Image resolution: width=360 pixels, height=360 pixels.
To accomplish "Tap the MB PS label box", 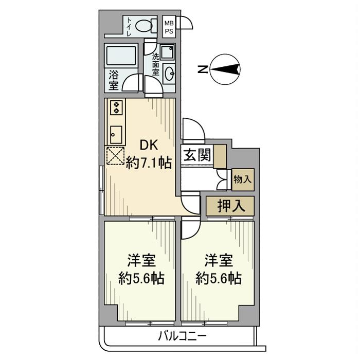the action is [x=169, y=27].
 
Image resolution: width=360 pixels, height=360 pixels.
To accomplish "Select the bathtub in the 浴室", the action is [x=121, y=56].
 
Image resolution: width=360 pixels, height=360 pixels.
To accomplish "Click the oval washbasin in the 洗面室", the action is [x=170, y=74].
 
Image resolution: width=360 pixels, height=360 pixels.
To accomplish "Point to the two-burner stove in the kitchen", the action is [x=116, y=107].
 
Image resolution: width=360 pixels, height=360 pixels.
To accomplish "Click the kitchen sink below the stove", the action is [x=116, y=135].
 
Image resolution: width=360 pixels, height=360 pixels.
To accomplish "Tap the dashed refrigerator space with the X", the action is [x=116, y=156].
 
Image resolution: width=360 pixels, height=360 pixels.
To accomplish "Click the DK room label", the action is [x=149, y=146].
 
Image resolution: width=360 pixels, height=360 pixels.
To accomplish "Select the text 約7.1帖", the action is [x=149, y=164].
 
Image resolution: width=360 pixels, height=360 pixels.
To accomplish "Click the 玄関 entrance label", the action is [x=197, y=155].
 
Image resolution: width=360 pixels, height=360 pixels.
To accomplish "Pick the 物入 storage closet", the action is [x=243, y=179].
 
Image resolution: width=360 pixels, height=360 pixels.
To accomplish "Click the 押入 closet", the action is [x=230, y=206].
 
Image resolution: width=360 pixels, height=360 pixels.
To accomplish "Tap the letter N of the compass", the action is [x=203, y=69].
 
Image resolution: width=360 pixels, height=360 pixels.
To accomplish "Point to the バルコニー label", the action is [x=183, y=336].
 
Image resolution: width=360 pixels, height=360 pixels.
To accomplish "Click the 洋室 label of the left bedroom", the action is [x=141, y=261].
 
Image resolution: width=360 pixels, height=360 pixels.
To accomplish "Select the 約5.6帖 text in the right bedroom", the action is [x=219, y=279].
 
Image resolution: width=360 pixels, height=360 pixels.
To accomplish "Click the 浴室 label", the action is [x=114, y=80].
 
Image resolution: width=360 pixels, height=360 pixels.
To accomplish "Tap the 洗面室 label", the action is [x=156, y=64].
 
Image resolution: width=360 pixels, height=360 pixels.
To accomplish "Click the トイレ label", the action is [x=129, y=27].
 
